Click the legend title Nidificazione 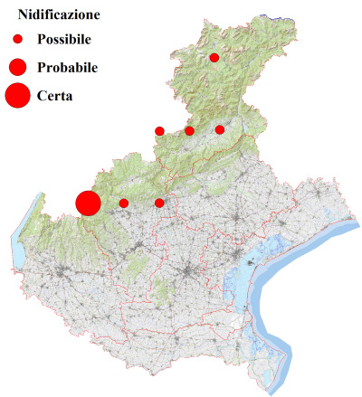coord(59,15)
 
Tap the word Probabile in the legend coord(68,67)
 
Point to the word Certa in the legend coord(55,94)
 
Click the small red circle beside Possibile coord(17,40)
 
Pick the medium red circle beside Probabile coord(17,67)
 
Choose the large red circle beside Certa coord(17,94)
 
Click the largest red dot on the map coord(87,203)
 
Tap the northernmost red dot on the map coord(214,58)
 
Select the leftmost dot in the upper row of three coord(159,131)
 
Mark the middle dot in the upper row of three coord(189,131)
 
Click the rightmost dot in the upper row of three coord(220,130)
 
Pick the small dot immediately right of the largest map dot coord(123,203)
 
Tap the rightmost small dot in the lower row coord(159,203)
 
